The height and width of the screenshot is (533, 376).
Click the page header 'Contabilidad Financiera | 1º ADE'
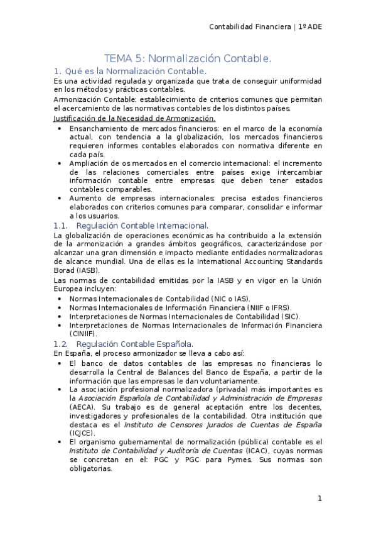pyautogui.click(x=266, y=27)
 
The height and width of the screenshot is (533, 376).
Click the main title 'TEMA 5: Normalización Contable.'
pyautogui.click(x=188, y=58)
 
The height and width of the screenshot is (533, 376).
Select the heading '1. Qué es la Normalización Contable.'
pyautogui.click(x=130, y=70)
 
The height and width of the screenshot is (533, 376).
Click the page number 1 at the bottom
pyautogui.click(x=320, y=498)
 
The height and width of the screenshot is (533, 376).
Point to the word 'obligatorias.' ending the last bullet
pyautogui.click(x=90, y=468)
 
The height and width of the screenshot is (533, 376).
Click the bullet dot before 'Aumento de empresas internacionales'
pyautogui.click(x=59, y=198)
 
